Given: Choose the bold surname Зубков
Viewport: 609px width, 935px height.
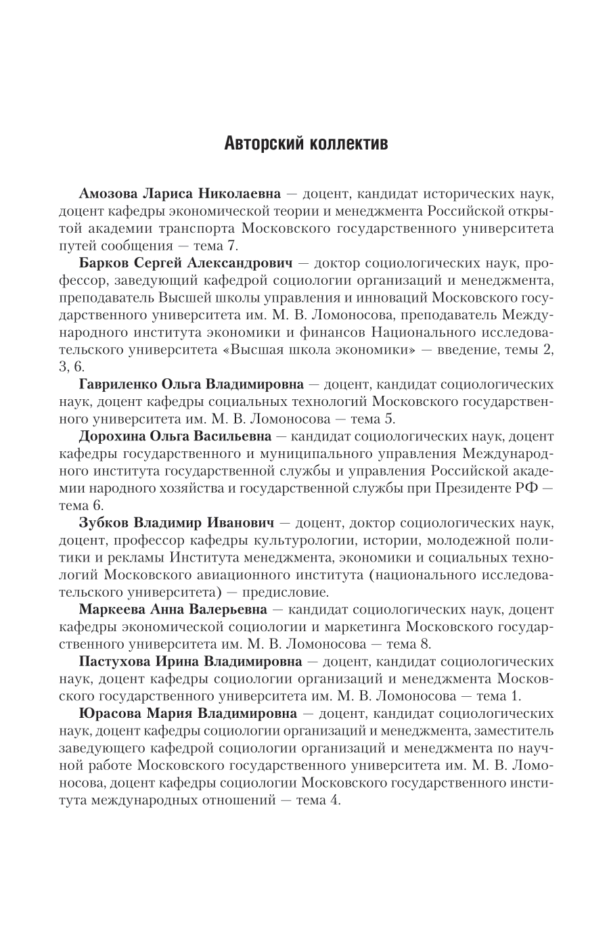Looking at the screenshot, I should click(101, 523).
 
